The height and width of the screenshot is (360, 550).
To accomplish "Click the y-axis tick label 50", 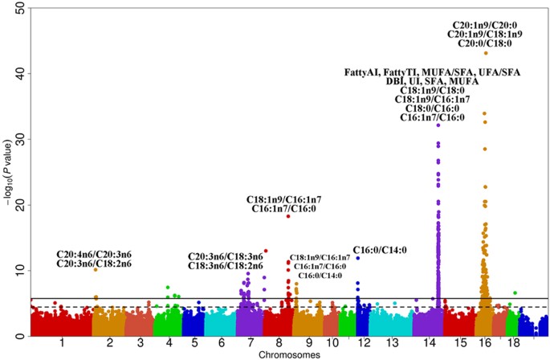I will point(18,8).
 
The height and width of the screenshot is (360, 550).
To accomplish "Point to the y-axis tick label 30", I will point(18,140).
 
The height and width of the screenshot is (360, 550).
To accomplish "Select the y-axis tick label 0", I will point(20,337).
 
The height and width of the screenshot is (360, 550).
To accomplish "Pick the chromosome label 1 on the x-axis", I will point(61,342).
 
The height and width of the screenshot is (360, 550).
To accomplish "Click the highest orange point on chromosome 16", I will point(486,53).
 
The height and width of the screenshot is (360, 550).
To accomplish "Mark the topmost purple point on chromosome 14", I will point(438,125).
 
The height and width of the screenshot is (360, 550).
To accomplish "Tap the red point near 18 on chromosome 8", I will point(287,216).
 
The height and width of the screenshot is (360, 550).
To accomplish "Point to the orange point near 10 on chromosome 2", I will point(96,270).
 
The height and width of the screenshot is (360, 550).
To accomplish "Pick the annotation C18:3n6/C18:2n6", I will point(226,266).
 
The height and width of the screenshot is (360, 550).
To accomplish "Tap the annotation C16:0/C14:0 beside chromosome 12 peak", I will point(380,250).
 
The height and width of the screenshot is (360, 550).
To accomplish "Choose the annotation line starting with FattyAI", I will point(432,72).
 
